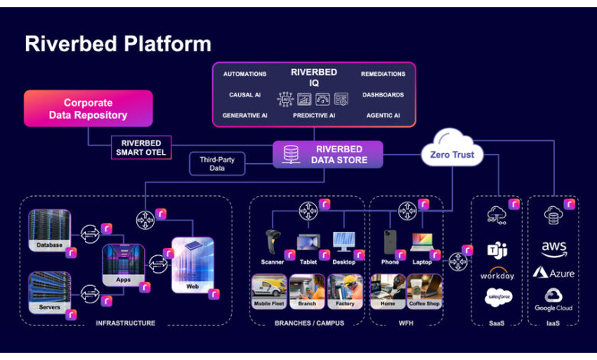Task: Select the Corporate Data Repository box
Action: pyautogui.click(x=88, y=109)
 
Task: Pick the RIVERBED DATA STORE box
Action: pyautogui.click(x=329, y=155)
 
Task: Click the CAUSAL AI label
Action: pyautogui.click(x=245, y=95)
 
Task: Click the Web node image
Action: pyautogui.click(x=192, y=265)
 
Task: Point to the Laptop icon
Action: pyautogui.click(x=422, y=243)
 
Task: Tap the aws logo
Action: pyautogui.click(x=553, y=248)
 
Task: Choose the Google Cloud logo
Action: pyautogui.click(x=553, y=298)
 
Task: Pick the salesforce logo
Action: pyautogui.click(x=498, y=297)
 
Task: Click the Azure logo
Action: pyautogui.click(x=553, y=273)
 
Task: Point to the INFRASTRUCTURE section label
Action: pyautogui.click(x=126, y=323)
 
